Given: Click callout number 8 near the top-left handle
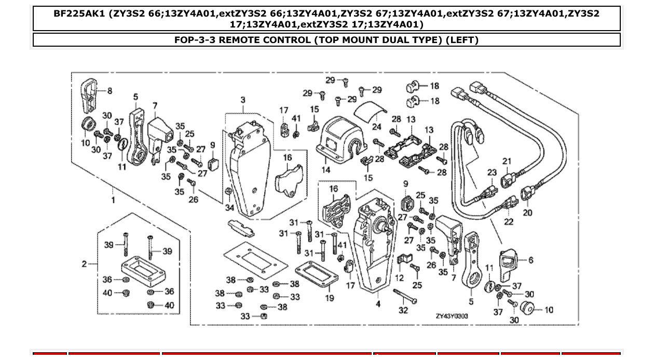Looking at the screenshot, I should pyautogui.click(x=110, y=91).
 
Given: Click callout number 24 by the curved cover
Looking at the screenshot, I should pyautogui.click(x=377, y=127).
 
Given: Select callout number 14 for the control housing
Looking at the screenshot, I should pyautogui.click(x=326, y=170).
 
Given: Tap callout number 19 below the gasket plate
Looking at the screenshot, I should pyautogui.click(x=330, y=298).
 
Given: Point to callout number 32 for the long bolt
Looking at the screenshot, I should pyautogui.click(x=403, y=311).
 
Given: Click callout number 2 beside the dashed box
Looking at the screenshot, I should pyautogui.click(x=84, y=264).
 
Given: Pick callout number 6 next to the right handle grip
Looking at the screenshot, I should pyautogui.click(x=530, y=260).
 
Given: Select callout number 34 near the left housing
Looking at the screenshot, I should pyautogui.click(x=229, y=208).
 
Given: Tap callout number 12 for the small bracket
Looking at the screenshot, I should pyautogui.click(x=399, y=278).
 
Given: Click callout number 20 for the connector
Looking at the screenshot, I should pyautogui.click(x=527, y=212).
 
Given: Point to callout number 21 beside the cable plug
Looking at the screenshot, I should pyautogui.click(x=507, y=161).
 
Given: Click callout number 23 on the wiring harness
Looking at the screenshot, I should pyautogui.click(x=492, y=173).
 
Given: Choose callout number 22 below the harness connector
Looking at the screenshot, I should pyautogui.click(x=509, y=221).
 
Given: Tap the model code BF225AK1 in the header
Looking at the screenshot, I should pyautogui.click(x=79, y=13).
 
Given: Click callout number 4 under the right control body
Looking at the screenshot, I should pyautogui.click(x=378, y=304).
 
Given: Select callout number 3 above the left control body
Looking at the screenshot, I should pyautogui.click(x=243, y=100).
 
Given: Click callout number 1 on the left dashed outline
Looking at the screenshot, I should pyautogui.click(x=113, y=200).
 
